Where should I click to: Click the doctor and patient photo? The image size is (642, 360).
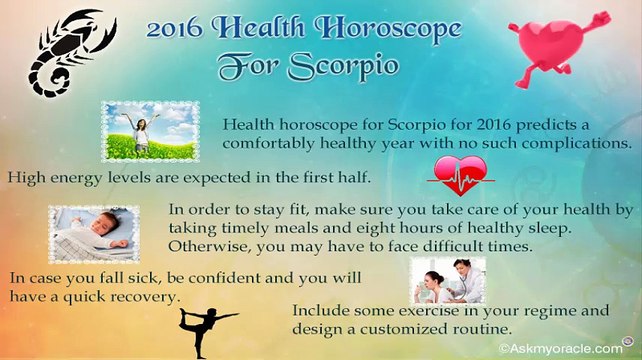point(447,280)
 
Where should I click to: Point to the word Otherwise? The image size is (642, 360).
point(209,245)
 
